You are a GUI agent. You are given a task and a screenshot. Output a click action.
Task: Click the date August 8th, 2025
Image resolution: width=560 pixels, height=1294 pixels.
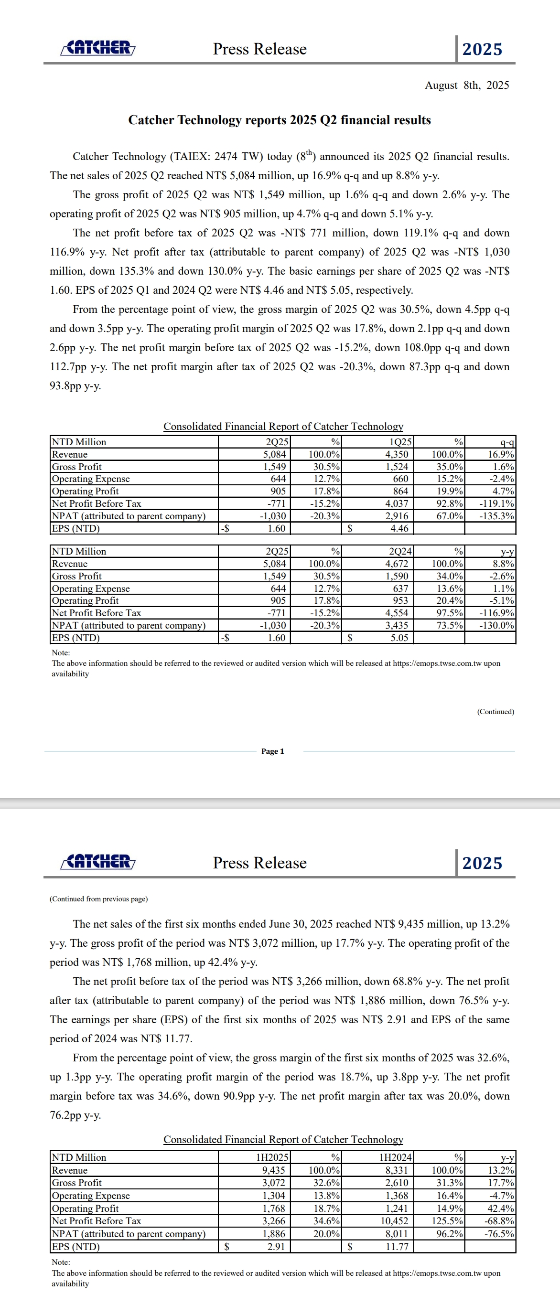[x=466, y=86]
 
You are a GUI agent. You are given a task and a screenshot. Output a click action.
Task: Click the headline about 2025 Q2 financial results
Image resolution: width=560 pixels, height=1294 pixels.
[x=280, y=120]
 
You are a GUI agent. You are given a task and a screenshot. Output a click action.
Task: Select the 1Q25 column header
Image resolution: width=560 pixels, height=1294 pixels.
[x=400, y=442]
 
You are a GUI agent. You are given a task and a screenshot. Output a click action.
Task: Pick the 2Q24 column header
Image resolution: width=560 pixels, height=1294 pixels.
[x=400, y=552]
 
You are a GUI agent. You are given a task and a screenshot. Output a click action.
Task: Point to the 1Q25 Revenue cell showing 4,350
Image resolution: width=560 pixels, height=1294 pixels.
[x=397, y=455]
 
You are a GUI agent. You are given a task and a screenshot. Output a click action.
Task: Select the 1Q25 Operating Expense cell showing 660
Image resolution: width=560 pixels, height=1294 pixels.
[x=400, y=479]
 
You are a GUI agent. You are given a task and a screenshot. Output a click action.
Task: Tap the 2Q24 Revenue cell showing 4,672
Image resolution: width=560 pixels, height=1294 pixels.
[x=397, y=564]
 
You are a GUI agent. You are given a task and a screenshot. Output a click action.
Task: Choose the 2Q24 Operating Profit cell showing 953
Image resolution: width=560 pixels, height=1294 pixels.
[x=400, y=601]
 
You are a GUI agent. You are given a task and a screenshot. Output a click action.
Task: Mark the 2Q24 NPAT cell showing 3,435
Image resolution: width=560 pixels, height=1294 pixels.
[x=397, y=625]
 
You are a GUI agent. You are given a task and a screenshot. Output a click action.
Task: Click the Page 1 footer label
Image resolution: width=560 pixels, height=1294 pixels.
[x=272, y=751]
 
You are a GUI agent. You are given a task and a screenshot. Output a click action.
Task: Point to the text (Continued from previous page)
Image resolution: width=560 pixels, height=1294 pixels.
[x=98, y=899]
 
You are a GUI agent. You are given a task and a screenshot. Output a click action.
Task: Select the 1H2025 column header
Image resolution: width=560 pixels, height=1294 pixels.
[x=272, y=1158]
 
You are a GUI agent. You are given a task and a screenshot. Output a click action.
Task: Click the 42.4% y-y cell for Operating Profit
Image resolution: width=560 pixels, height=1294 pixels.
[x=500, y=1208]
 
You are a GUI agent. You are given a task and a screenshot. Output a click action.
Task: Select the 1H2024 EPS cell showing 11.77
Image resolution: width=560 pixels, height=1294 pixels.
[x=397, y=1247]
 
